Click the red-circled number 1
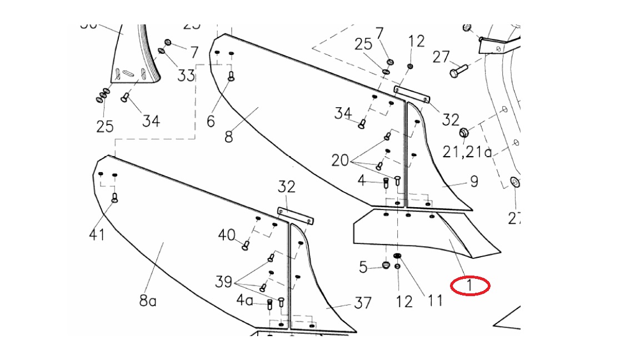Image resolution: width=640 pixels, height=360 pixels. pyautogui.click(x=470, y=286)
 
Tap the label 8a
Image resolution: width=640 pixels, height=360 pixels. pyautogui.click(x=148, y=301)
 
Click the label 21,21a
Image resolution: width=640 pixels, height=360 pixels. pyautogui.click(x=467, y=151)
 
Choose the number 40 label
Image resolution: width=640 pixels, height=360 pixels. pyautogui.click(x=227, y=235)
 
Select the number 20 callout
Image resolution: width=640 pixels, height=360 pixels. pyautogui.click(x=340, y=161)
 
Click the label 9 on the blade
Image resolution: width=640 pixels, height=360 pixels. pyautogui.click(x=474, y=182)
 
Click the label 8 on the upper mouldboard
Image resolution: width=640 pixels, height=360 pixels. pyautogui.click(x=229, y=136)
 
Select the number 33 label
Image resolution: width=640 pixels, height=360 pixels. pyautogui.click(x=186, y=74)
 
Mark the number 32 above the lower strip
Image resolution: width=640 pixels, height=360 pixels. pyautogui.click(x=287, y=187)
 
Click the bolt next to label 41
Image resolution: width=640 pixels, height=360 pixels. pyautogui.click(x=114, y=197)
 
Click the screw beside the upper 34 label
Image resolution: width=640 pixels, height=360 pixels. pyautogui.click(x=362, y=124)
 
